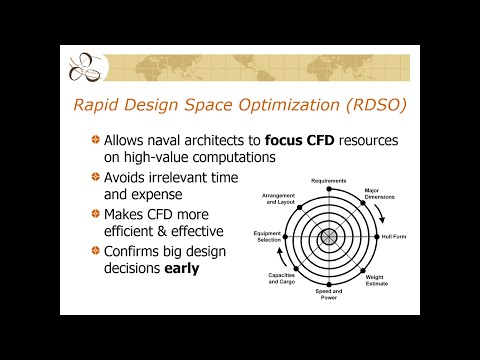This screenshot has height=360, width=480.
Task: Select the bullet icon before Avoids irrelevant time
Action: (x=95, y=177)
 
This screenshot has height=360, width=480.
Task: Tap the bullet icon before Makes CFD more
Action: (x=95, y=213)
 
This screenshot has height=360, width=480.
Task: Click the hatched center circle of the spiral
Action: (x=328, y=238)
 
